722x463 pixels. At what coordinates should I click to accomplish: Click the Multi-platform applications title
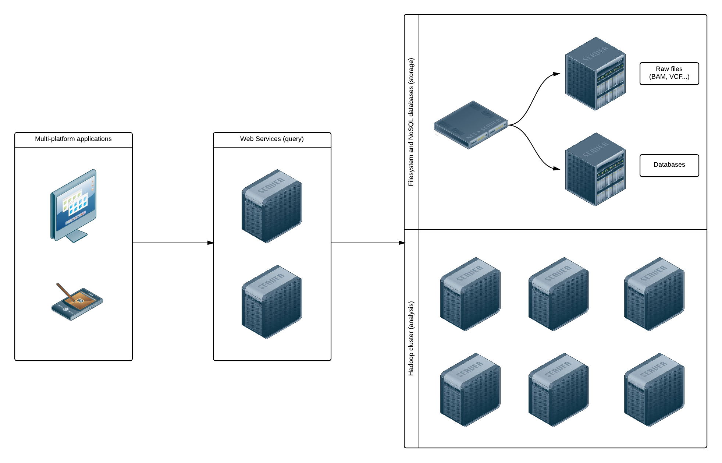73,139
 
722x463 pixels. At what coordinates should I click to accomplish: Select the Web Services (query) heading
272,139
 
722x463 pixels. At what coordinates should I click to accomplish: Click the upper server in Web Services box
271,206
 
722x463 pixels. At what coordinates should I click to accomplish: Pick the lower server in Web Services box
271,302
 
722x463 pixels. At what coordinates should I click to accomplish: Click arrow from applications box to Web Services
173,243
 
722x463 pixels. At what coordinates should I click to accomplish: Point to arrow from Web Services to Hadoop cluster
368,243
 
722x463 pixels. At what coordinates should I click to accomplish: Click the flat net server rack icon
471,125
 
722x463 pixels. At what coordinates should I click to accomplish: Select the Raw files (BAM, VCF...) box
669,73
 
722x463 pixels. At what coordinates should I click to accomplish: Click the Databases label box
669,165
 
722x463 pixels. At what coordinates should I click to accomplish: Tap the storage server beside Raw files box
595,74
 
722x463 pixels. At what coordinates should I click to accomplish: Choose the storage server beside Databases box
595,169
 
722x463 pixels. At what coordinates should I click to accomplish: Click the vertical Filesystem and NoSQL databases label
411,122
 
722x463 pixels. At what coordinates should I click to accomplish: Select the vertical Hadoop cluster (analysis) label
411,338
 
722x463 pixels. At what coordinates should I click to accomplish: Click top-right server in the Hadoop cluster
654,294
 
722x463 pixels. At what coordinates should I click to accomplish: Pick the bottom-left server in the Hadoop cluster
470,390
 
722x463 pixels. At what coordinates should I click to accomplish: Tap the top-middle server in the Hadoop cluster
558,294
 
